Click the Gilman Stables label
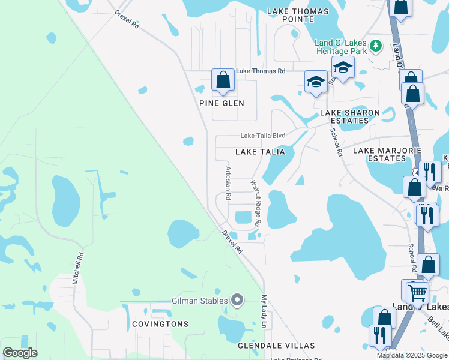click(200, 301)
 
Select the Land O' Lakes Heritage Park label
click(340, 47)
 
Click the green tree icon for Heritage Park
click(376, 46)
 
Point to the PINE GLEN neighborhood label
click(222, 103)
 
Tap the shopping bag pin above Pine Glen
click(223, 80)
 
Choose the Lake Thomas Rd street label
click(260, 71)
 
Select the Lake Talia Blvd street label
click(263, 136)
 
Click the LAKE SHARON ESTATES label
click(349, 116)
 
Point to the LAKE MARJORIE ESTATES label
click(379, 154)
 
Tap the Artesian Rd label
click(228, 184)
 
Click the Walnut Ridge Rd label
click(255, 203)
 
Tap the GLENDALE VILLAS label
click(276, 346)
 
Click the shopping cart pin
click(417, 293)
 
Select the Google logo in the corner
click(20, 353)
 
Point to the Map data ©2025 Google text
click(412, 355)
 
